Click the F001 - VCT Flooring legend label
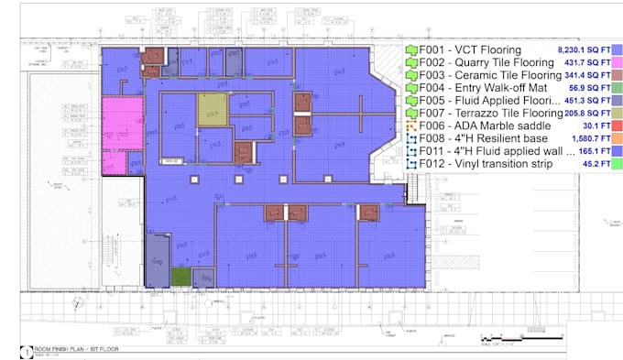(x=470, y=49)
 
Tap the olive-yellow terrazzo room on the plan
(x=212, y=109)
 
